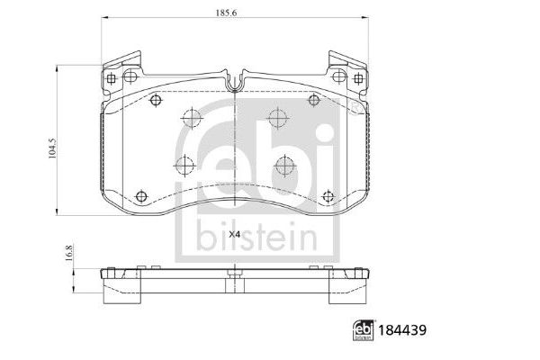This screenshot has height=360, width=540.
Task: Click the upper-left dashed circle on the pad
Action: point(189,116)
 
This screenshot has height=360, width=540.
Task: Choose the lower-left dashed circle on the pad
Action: point(184,165)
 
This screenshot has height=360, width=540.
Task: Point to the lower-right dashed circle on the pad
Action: point(285,165)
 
